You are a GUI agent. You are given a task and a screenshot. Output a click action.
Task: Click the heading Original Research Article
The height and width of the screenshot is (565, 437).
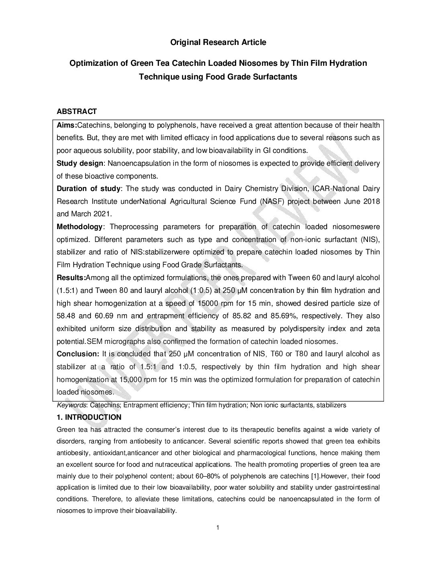(x=218, y=42)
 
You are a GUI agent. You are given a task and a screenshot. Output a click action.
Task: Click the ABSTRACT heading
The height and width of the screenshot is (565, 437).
(x=77, y=112)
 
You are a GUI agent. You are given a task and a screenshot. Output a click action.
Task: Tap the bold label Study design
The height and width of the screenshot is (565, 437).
(x=80, y=163)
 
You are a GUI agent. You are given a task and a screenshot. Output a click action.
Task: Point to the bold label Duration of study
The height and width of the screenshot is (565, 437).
(x=88, y=189)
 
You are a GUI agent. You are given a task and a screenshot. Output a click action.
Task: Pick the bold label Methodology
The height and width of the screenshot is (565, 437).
(x=80, y=227)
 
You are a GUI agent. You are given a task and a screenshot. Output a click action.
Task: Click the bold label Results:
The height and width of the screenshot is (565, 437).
(x=71, y=278)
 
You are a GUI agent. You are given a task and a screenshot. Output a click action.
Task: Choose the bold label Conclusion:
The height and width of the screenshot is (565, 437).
(x=78, y=354)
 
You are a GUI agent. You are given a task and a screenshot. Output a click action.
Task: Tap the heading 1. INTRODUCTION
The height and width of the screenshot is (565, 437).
(x=89, y=417)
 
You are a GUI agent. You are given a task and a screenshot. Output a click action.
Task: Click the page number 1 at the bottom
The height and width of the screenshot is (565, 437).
(x=218, y=527)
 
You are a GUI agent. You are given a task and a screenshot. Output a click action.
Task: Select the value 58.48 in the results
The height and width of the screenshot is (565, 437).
(x=66, y=316)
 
